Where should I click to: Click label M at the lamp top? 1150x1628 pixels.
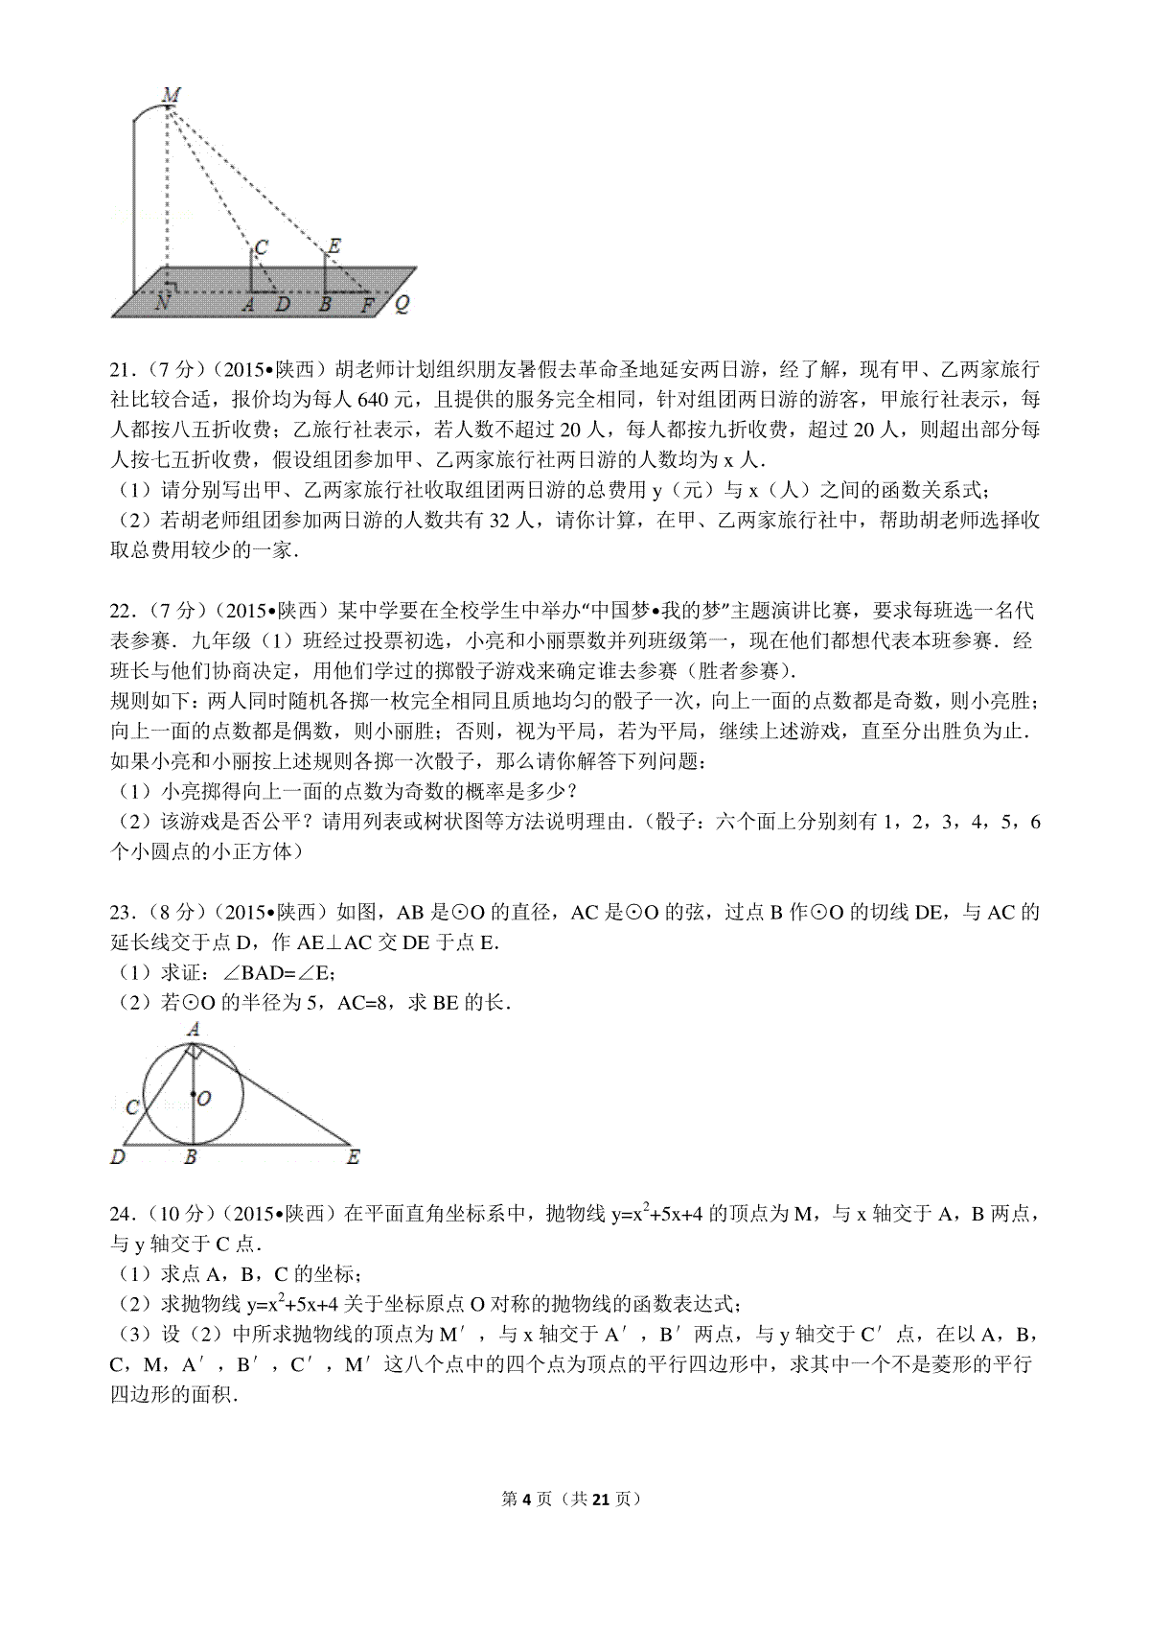tap(172, 94)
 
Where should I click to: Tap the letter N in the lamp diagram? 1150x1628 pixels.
tap(163, 303)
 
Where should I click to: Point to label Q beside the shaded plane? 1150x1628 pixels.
tap(402, 304)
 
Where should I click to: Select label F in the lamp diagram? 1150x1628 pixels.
tap(366, 305)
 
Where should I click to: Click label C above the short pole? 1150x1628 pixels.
tap(260, 246)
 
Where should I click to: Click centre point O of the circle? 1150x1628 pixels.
tap(194, 1094)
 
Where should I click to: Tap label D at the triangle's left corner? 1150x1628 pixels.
tap(119, 1157)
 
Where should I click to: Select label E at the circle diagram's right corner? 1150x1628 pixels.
tap(353, 1157)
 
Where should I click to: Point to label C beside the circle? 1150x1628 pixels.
tap(133, 1107)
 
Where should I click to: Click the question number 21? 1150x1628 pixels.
tap(122, 371)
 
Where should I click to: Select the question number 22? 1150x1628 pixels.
tap(122, 611)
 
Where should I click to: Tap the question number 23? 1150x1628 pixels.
tap(122, 912)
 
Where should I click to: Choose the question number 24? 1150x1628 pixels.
tap(122, 1214)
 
